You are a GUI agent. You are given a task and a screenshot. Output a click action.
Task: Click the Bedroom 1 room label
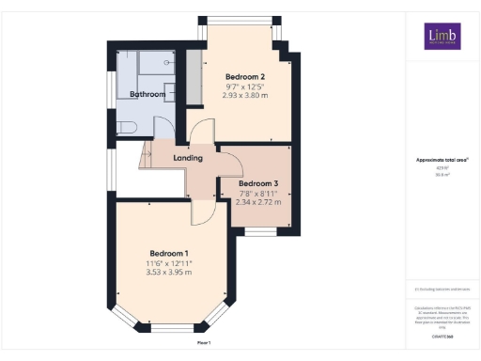169,254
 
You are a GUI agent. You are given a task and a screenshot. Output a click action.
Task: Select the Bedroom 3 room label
258,183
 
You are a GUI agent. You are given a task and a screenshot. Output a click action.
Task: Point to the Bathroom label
147,95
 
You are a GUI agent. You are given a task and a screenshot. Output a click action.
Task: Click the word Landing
188,158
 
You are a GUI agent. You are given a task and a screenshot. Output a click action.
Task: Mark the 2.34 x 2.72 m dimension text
258,202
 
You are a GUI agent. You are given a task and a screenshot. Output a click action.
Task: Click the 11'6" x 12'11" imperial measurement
169,264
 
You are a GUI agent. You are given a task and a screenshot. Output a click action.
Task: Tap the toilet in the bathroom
127,127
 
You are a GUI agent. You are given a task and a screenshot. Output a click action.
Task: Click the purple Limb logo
442,35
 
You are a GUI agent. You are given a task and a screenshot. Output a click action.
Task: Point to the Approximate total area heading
442,161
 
